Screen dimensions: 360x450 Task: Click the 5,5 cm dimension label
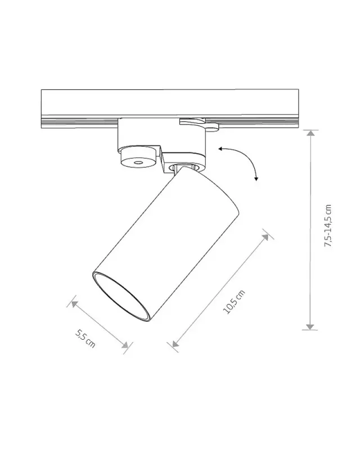tap(85, 339)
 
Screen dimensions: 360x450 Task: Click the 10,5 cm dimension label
tap(234, 302)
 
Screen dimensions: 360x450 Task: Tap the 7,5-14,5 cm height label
tap(327, 226)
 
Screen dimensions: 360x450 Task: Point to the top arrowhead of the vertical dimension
tap(310, 133)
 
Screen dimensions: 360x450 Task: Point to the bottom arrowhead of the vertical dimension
tap(310, 327)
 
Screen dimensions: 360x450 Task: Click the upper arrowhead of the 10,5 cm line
tap(265, 237)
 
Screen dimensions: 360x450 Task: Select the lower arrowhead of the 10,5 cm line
tap(175, 344)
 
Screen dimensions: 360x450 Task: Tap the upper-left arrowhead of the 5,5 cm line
tap(75, 304)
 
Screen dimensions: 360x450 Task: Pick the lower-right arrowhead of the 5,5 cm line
tap(125, 345)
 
